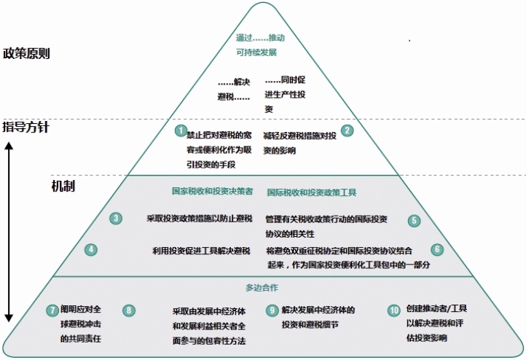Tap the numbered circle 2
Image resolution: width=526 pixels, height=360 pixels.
point(348,130)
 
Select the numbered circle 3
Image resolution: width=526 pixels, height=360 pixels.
point(116,218)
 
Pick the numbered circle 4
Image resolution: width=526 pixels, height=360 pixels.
point(91,249)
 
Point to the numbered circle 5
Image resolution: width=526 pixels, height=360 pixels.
point(414,220)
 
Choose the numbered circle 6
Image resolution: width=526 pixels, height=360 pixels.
point(437,249)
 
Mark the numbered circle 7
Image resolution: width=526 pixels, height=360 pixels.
point(52,310)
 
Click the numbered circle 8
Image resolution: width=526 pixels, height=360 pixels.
point(129,310)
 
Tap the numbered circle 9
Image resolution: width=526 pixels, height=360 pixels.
point(272,310)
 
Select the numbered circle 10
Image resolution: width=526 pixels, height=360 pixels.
point(394,310)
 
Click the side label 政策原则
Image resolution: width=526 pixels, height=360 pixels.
point(27,53)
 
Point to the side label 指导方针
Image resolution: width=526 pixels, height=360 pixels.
point(27,128)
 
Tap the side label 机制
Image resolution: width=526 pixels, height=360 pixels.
point(63,186)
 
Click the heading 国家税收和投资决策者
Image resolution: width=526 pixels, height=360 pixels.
point(212,192)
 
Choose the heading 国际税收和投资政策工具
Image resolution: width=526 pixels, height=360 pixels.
point(311,192)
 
